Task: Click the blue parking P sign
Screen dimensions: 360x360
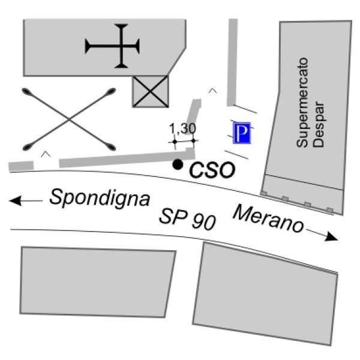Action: [x=241, y=133]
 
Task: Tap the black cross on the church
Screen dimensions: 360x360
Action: [x=112, y=45]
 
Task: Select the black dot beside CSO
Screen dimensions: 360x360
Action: [x=177, y=164]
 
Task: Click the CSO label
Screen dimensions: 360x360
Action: [x=212, y=170]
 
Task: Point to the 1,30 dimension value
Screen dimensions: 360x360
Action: [x=183, y=128]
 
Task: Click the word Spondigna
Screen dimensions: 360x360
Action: [x=99, y=198]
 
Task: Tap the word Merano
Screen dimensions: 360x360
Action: [x=268, y=219]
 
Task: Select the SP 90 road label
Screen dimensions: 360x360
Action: [x=187, y=219]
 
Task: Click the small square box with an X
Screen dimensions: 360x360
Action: [x=150, y=92]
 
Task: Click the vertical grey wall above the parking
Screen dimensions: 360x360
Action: [x=232, y=60]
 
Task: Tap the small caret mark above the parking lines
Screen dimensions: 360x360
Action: [x=212, y=91]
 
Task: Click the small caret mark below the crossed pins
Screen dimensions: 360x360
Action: [x=44, y=154]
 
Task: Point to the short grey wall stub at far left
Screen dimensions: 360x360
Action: [x=21, y=166]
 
